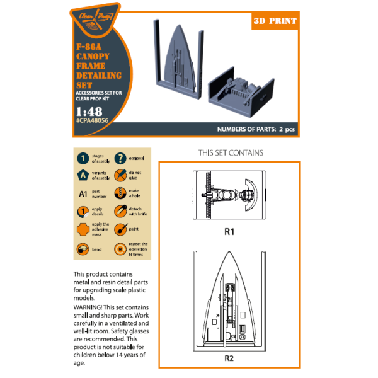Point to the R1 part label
229,231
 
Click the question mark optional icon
120,159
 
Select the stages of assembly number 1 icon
82,159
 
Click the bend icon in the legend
82,249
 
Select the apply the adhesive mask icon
82,229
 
